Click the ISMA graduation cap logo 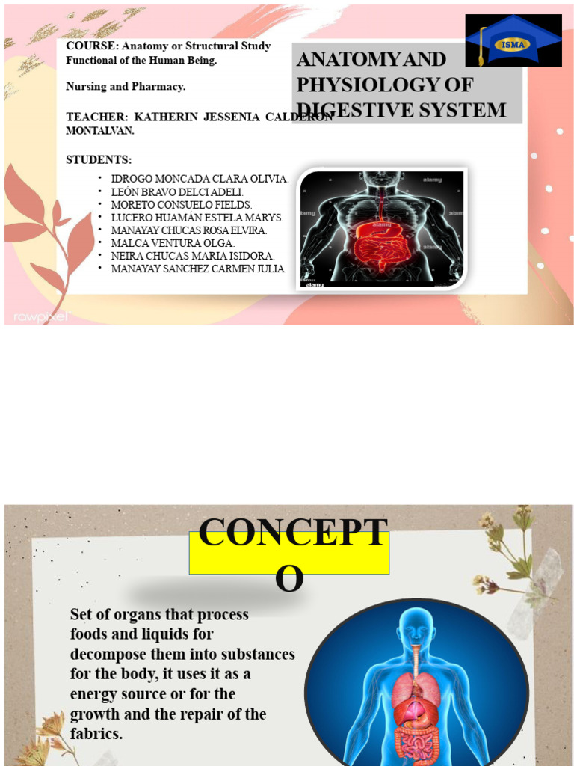click(x=513, y=41)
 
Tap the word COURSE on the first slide click(x=87, y=46)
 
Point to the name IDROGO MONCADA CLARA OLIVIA click(x=200, y=179)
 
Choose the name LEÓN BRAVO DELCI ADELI click(x=177, y=191)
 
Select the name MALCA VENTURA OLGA click(x=173, y=243)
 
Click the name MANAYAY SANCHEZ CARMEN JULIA click(x=198, y=269)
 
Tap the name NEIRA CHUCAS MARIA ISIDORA click(x=193, y=256)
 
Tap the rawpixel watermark click(x=37, y=316)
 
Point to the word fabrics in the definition click(x=96, y=734)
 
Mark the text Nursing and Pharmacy click(x=126, y=87)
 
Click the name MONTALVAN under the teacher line click(x=100, y=130)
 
